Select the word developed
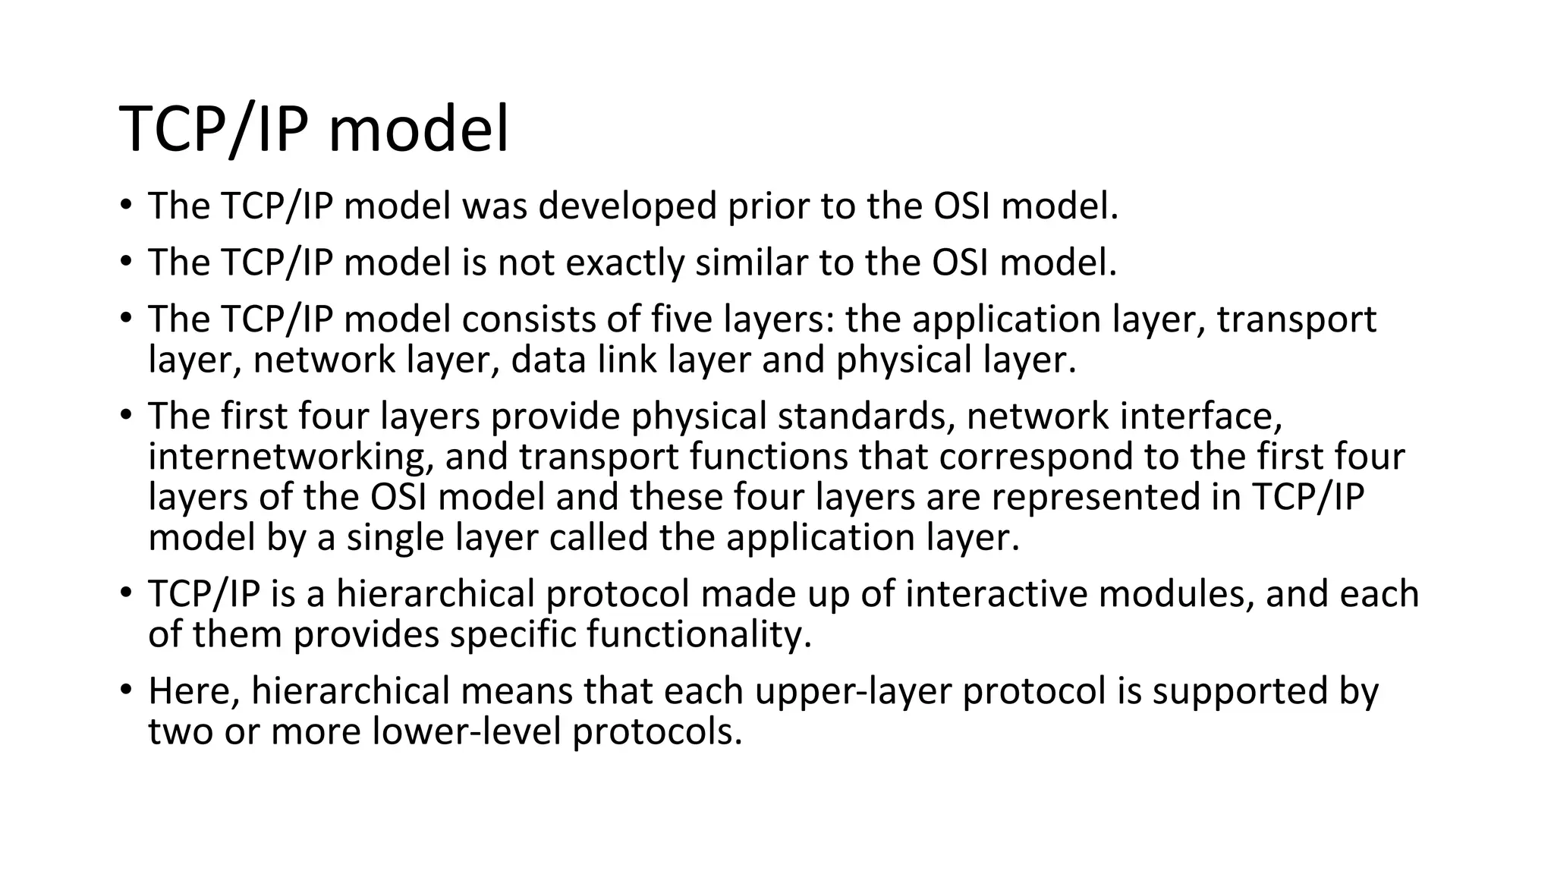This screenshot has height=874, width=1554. click(x=627, y=206)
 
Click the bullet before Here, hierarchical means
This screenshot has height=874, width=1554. click(x=125, y=690)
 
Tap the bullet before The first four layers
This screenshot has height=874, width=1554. click(x=125, y=416)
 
